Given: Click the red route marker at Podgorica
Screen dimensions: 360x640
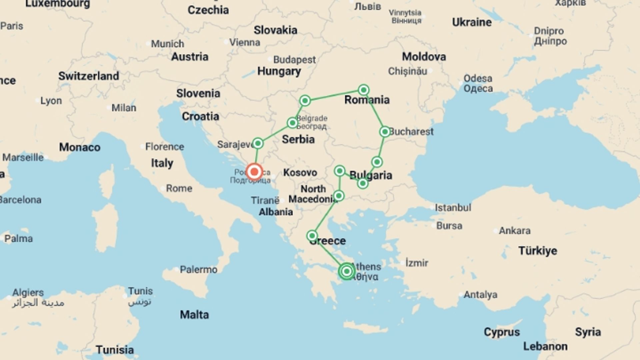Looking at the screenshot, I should [254, 172].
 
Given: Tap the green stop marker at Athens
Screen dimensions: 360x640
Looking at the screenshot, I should [346, 271].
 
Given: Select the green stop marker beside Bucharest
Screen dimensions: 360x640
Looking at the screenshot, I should [385, 132].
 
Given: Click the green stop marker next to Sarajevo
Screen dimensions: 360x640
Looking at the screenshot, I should [258, 144].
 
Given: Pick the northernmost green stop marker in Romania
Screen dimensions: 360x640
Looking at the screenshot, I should [363, 90].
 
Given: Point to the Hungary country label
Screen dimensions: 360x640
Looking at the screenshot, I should [279, 71].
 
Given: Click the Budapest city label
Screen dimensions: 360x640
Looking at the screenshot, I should [294, 60].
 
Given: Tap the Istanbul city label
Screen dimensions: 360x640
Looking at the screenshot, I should [453, 208].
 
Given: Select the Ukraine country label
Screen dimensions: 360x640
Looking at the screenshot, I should [472, 22].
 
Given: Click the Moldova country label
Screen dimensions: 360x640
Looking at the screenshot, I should [424, 57].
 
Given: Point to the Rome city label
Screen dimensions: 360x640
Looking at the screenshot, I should [179, 188].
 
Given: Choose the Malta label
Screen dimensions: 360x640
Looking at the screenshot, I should [194, 315].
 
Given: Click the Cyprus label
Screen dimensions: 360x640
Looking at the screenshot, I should [502, 332].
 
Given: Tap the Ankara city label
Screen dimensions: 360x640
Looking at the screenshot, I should [514, 231].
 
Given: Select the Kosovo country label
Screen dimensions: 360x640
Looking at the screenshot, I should [300, 173].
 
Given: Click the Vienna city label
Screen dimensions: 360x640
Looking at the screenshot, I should [244, 43].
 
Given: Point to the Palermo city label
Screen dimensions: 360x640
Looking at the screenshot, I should [198, 269].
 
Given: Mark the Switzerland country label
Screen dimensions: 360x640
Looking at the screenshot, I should [89, 76].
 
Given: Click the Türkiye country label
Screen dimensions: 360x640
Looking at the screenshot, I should [537, 251].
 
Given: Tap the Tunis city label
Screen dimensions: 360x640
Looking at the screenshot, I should [140, 291].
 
